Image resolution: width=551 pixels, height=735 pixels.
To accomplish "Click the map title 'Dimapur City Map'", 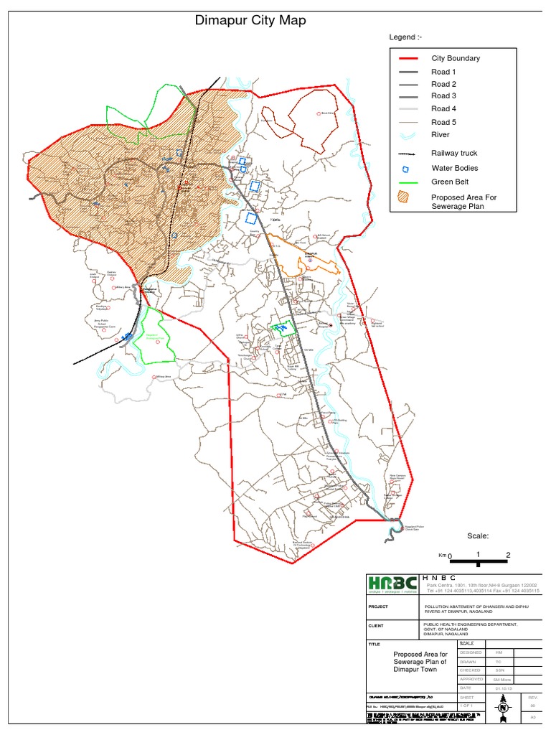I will tap(250, 21).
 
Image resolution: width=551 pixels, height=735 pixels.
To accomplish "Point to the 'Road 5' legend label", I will tap(443, 122).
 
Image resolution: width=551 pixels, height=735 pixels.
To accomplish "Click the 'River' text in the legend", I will tap(440, 134).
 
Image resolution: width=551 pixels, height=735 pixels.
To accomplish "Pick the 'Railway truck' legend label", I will tap(454, 153).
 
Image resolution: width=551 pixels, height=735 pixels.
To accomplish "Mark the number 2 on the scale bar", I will tap(508, 555).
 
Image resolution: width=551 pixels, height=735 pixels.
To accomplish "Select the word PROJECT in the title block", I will tap(378, 607).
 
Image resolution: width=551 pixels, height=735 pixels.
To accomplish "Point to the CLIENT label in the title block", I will tap(377, 626).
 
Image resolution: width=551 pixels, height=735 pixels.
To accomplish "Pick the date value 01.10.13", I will tap(495, 687).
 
